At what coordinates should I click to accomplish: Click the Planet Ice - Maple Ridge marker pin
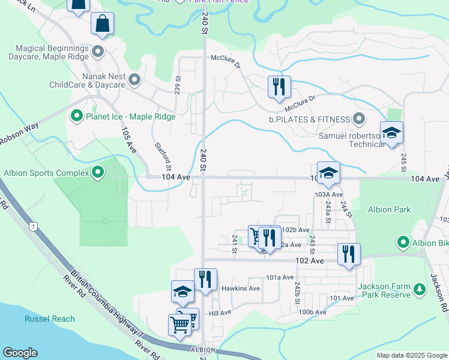pyautogui.click(x=77, y=116)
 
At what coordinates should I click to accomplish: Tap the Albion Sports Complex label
pyautogui.click(x=46, y=173)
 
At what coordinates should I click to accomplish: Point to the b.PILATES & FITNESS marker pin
pyautogui.click(x=359, y=119)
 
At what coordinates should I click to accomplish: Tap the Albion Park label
pyautogui.click(x=390, y=209)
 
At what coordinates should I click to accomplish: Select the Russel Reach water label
pyautogui.click(x=50, y=319)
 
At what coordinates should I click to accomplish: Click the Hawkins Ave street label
pyautogui.click(x=240, y=288)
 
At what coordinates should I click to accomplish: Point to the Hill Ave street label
pyautogui.click(x=220, y=313)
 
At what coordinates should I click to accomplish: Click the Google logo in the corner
pyautogui.click(x=20, y=353)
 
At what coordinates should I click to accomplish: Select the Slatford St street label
pyautogui.click(x=163, y=155)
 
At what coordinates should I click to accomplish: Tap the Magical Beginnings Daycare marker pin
pyautogui.click(x=98, y=50)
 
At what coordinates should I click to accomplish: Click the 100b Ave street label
pyautogui.click(x=313, y=312)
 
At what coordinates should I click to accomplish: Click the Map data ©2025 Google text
pyautogui.click(x=411, y=355)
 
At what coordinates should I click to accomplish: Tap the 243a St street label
pyautogui.click(x=328, y=212)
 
